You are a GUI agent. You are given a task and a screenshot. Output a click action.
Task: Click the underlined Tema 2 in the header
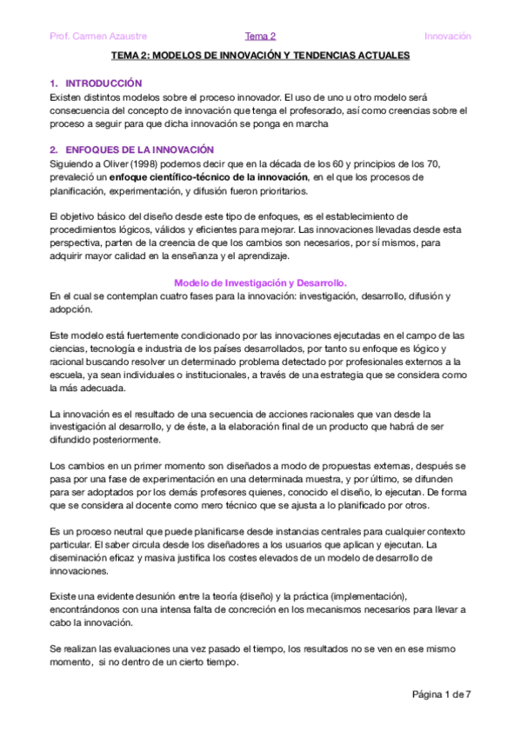[260, 37]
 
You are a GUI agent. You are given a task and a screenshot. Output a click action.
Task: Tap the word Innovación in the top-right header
[447, 37]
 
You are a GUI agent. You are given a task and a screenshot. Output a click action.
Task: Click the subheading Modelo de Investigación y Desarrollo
[260, 282]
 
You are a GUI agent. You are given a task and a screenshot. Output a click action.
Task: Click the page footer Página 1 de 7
[441, 694]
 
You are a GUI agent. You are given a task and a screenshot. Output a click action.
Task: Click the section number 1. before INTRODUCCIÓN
[54, 83]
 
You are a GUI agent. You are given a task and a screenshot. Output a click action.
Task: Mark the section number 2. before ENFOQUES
[54, 149]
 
